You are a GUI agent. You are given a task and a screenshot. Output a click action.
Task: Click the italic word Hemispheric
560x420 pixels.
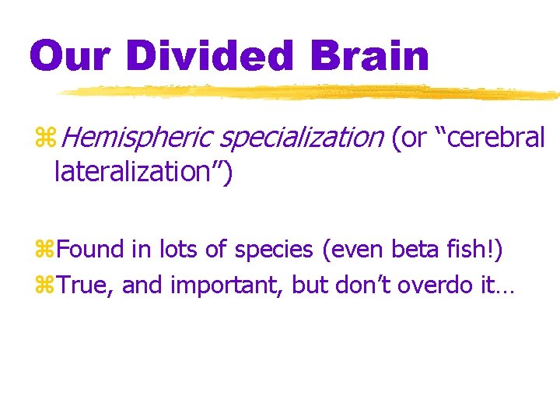[x=135, y=138]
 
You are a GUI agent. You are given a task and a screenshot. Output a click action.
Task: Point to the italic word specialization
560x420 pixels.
[x=302, y=138]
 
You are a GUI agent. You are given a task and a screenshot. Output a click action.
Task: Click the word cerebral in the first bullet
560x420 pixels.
[x=495, y=138]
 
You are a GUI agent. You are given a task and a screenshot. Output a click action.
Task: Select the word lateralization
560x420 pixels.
[x=135, y=172]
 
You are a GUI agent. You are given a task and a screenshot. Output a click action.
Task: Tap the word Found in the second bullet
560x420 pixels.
[x=91, y=250]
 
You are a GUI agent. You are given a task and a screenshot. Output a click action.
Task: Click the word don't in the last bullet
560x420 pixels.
[x=363, y=285]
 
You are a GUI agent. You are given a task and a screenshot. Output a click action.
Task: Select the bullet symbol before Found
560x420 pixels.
[x=44, y=250]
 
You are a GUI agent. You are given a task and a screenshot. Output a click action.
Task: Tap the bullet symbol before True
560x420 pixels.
[x=44, y=286]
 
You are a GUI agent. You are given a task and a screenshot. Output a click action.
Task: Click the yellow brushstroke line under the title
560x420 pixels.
[x=311, y=93]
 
